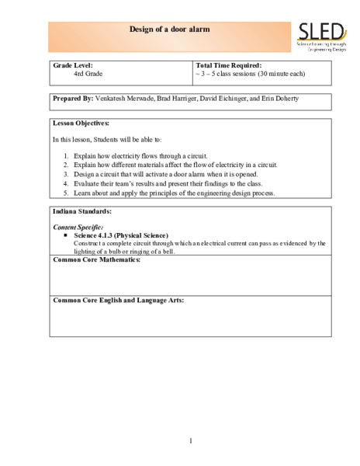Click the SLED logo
tap(320, 37)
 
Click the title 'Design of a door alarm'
tap(170, 29)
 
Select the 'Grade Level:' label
tap(73, 65)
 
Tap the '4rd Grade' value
tap(88, 74)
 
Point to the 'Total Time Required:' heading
tap(229, 65)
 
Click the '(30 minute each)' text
tap(277, 74)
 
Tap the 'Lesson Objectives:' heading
tap(81, 123)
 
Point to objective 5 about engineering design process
tap(175, 193)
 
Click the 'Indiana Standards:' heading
tap(81, 210)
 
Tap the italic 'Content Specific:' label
tap(78, 227)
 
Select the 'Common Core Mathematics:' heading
tap(96, 259)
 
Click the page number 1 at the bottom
tap(190, 441)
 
